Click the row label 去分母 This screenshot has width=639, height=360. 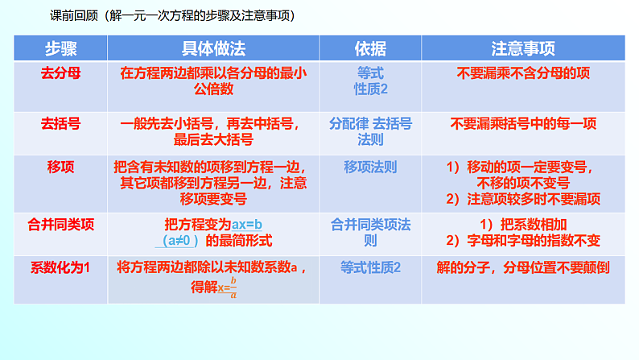click(60, 72)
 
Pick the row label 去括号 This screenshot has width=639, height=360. click(60, 124)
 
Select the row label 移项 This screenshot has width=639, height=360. click(61, 168)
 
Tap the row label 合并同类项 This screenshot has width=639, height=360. click(61, 225)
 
